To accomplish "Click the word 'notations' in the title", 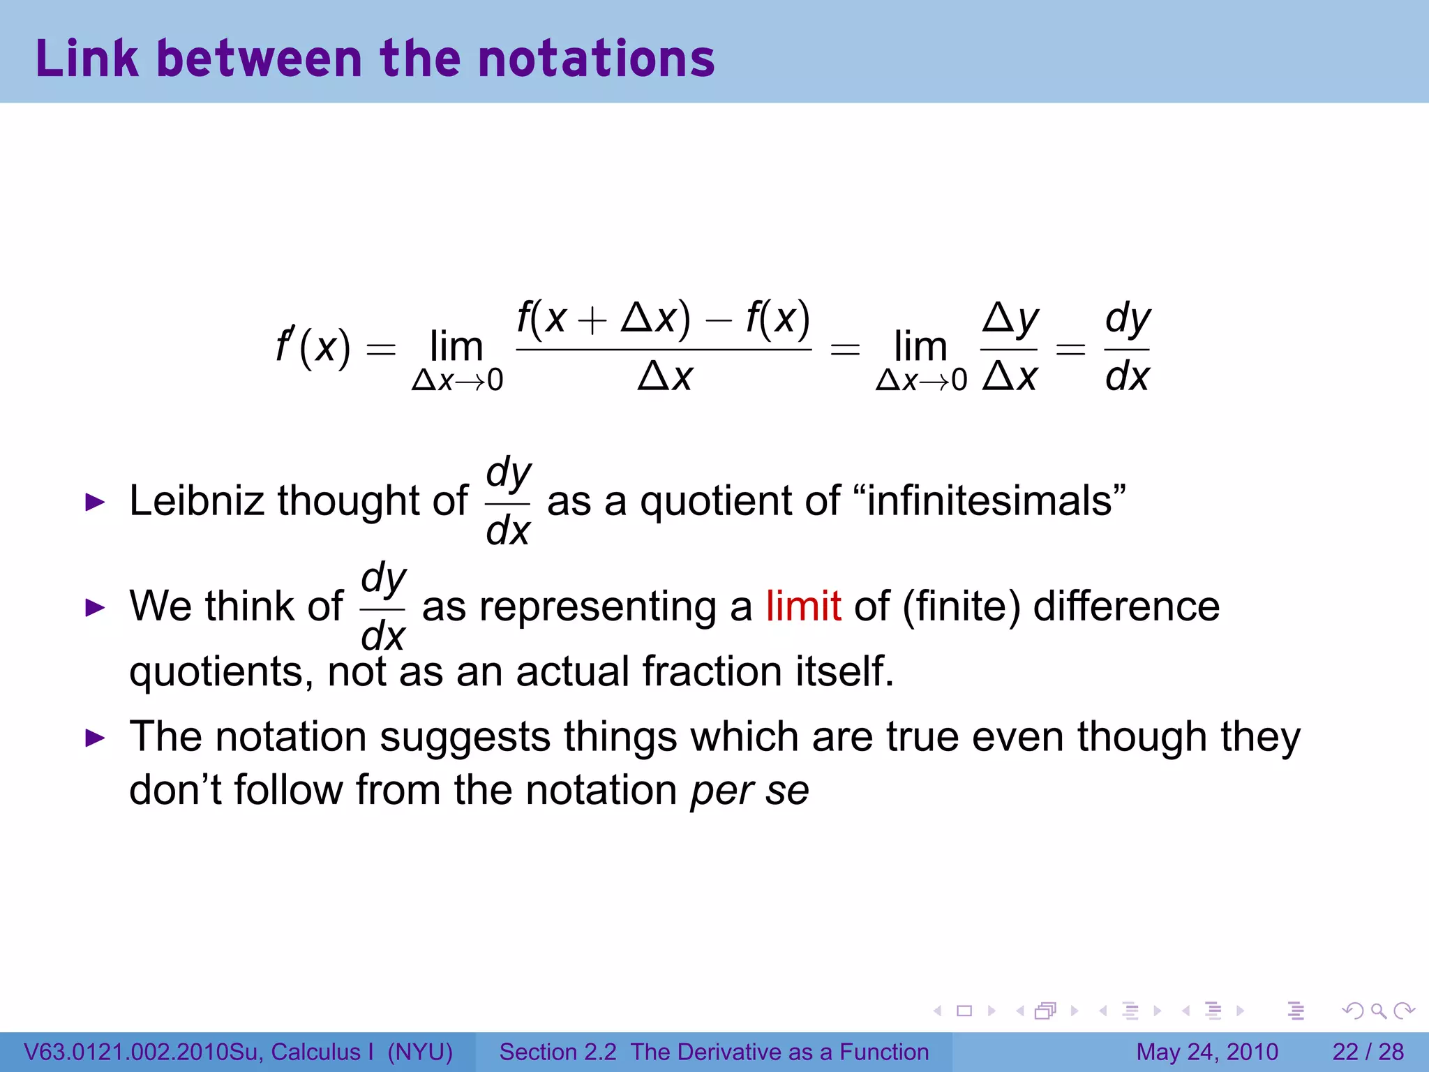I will [597, 59].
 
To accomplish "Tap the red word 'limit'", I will [803, 606].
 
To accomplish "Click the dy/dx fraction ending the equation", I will [1128, 348].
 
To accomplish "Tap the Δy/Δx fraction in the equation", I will [1010, 348].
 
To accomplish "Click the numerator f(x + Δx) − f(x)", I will [664, 318].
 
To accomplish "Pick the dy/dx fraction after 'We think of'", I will [383, 607].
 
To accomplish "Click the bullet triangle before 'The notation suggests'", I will [95, 738].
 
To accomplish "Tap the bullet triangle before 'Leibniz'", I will [95, 502].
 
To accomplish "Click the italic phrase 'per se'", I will [749, 791].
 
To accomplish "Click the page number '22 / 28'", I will [1368, 1052].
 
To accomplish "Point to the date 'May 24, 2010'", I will [1207, 1052].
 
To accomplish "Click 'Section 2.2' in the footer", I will [558, 1052].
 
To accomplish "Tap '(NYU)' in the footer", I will [420, 1052].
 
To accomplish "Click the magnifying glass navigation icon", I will [1377, 1011].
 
